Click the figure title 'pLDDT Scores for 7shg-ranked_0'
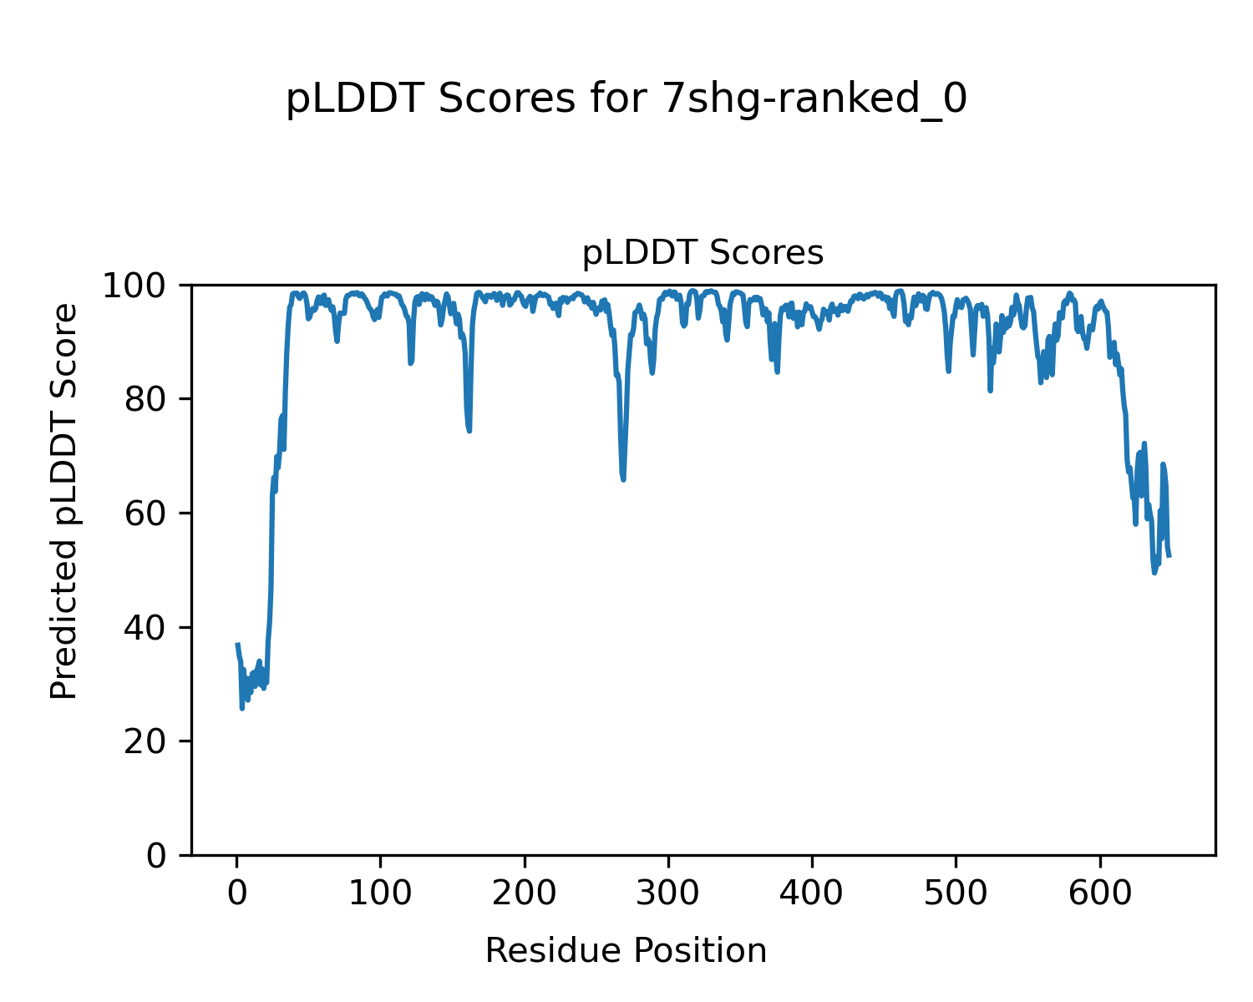(626, 99)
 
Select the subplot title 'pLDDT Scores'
(703, 253)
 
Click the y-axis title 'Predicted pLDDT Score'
(63, 501)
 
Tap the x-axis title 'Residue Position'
(626, 950)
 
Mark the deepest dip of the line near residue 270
(623, 479)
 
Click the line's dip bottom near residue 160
(469, 431)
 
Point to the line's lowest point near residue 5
(242, 708)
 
